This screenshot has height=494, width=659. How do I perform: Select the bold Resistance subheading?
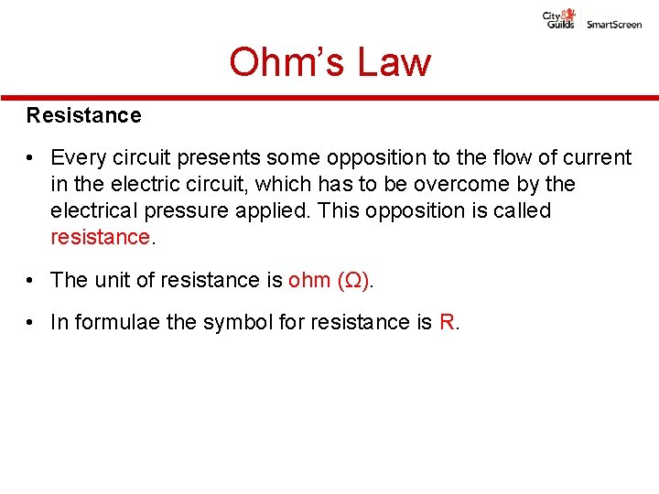tap(84, 115)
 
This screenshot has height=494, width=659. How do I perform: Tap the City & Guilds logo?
tap(559, 18)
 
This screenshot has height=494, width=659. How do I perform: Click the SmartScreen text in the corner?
tap(614, 25)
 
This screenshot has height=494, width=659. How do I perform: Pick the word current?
tap(593, 158)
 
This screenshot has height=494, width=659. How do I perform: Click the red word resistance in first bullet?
tap(99, 238)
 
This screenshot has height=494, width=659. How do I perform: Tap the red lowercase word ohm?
tap(308, 280)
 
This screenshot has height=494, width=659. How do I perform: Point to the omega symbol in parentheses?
tap(354, 280)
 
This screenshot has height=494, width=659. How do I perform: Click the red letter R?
tap(446, 322)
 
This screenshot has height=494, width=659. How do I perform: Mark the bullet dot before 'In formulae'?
tap(31, 322)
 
